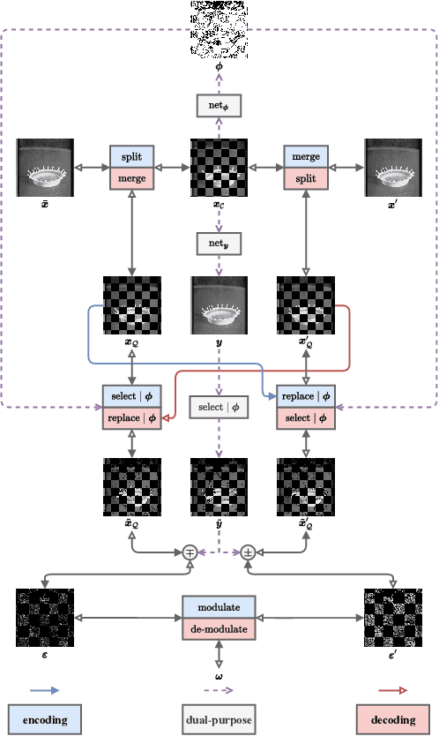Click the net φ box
pos(219,107)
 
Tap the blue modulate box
pos(219,607)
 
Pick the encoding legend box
pos(44,720)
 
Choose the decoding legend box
pos(394,720)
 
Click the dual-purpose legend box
pos(219,720)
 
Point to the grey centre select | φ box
pos(219,407)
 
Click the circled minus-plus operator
pos(190,552)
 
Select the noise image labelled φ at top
pos(219,28)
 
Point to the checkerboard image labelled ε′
pos(394,618)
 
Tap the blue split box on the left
pos(132,156)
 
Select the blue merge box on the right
pos(306,156)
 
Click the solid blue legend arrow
pos(44,690)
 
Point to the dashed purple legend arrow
pos(219,690)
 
